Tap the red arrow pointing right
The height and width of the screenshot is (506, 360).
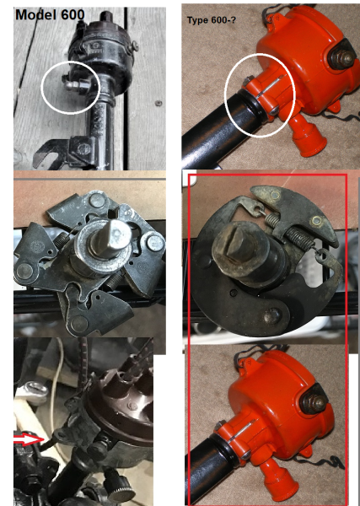[x=27, y=439]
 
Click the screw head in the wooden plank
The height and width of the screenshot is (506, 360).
[x=157, y=106]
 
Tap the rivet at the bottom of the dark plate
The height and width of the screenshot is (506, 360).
[x=271, y=316]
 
